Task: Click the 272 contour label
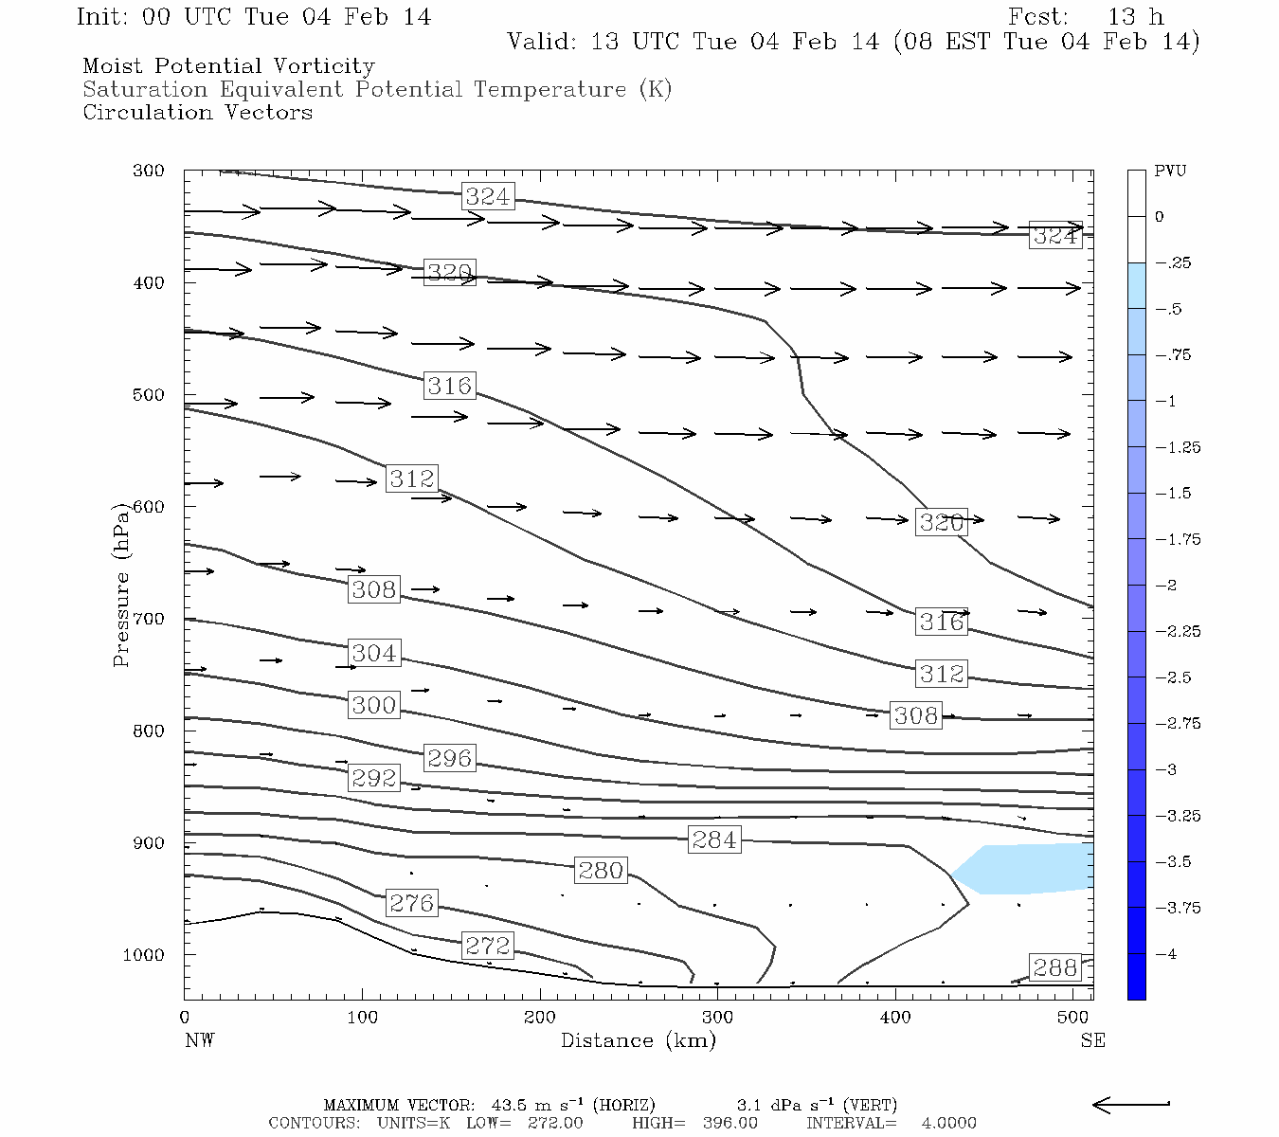click(488, 945)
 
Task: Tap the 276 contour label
click(411, 903)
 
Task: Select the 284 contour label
click(713, 839)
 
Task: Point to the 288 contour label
click(1054, 967)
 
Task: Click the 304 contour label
click(374, 653)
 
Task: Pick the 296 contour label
click(449, 758)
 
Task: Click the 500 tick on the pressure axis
click(149, 395)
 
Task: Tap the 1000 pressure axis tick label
click(144, 955)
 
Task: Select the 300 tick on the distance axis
click(717, 1018)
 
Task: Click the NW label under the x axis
click(199, 1040)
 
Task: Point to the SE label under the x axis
click(1092, 1040)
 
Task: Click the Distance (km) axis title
click(638, 1040)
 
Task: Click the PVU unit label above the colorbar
click(1170, 171)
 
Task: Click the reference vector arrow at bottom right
click(1131, 1105)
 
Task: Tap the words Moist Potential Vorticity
click(228, 66)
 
